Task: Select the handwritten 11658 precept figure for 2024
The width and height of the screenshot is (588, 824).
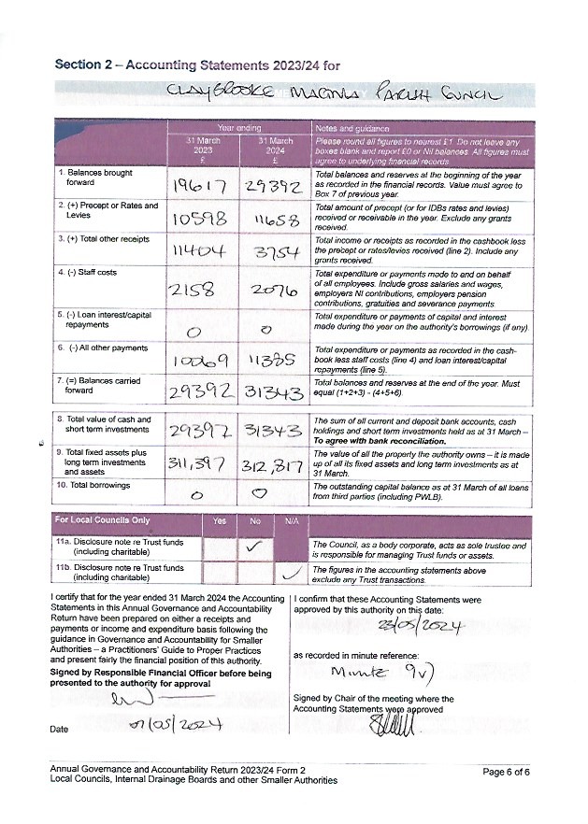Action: point(275,220)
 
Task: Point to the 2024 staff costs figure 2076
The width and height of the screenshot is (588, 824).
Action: point(273,291)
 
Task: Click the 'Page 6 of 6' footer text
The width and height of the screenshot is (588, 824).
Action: point(506,772)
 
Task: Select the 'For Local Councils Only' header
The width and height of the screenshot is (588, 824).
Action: point(104,520)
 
